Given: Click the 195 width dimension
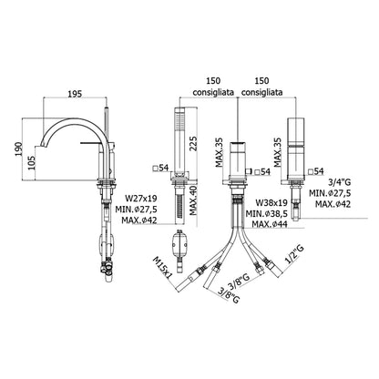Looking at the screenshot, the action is tap(75, 94).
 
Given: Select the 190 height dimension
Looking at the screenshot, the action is tap(18, 149).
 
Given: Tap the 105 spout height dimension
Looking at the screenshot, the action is tap(33, 162).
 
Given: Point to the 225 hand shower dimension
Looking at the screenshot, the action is tap(193, 145).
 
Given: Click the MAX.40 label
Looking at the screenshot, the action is tap(193, 200).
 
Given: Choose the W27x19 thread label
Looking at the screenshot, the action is tap(141, 199).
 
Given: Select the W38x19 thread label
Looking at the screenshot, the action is tap(271, 202).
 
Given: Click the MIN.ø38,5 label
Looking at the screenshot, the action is tap(267, 213).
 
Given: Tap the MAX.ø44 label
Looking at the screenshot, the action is tap(270, 224).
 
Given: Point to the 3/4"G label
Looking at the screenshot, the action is tap(340, 182).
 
